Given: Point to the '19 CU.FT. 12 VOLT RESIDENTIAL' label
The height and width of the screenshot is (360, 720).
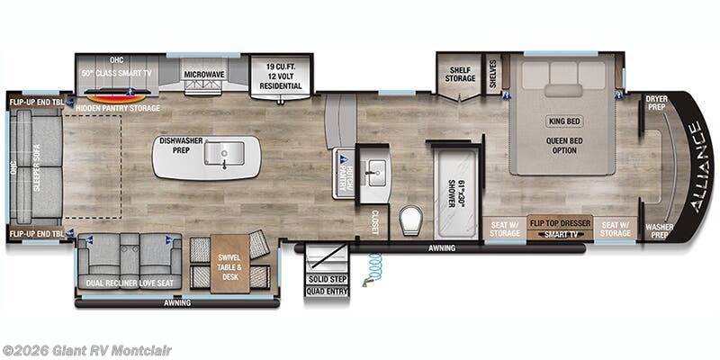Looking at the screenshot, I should coord(283,72).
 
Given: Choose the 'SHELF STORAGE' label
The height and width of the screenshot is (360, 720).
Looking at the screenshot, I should coord(459,73).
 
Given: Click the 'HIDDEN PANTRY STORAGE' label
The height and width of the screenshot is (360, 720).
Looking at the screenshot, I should coord(118,108).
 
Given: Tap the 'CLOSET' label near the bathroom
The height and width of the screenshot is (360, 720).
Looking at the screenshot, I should coord(375,221).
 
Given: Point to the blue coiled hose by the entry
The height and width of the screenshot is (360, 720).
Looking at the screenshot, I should coord(373,267).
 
